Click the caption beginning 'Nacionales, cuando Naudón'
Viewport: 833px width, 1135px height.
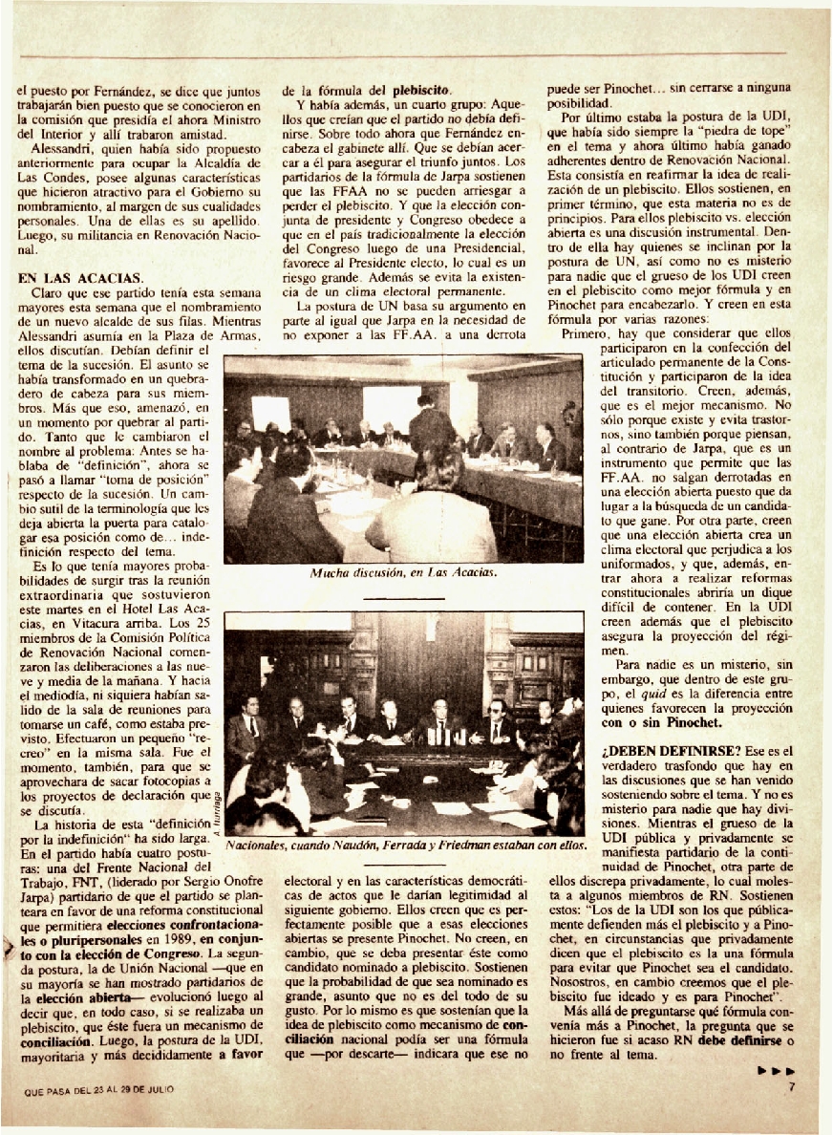404,845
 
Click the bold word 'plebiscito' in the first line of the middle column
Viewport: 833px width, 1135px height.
421,91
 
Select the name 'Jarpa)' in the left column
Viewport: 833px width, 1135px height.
40,897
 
